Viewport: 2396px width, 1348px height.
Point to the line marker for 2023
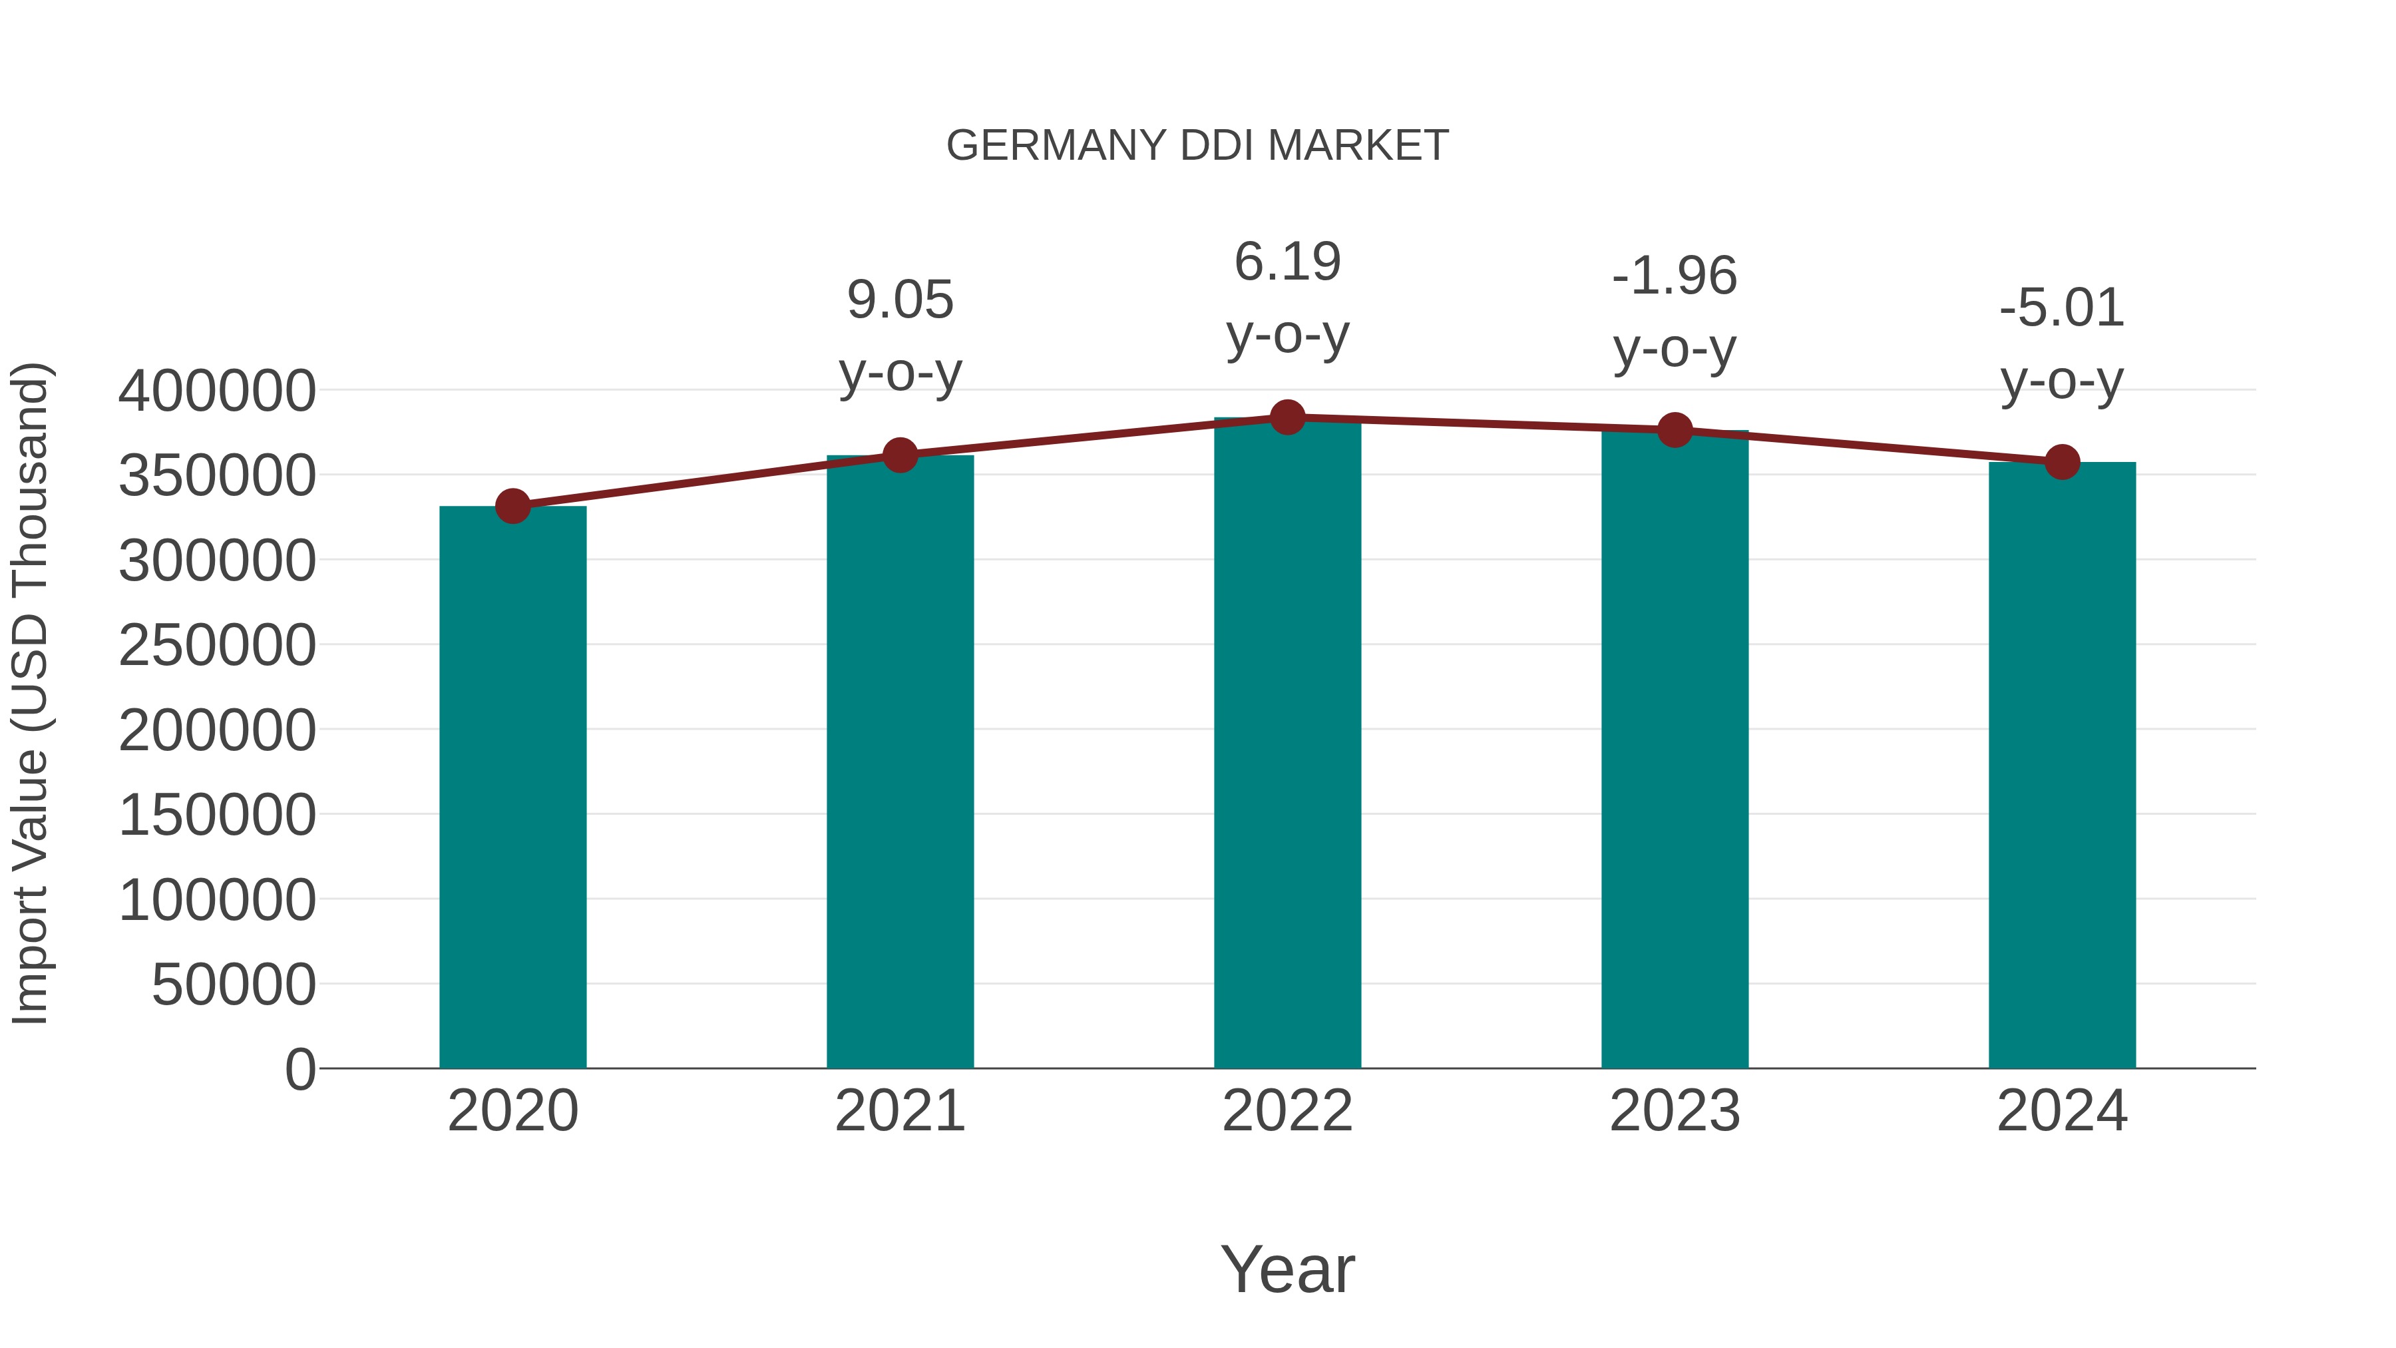pos(1675,430)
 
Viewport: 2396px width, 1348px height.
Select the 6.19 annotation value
pos(1287,262)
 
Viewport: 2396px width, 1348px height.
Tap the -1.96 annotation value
pos(1675,276)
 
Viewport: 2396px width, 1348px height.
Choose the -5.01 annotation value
pos(2062,308)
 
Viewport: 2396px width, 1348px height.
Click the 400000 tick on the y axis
pos(217,391)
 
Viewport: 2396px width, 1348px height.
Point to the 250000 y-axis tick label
pos(217,646)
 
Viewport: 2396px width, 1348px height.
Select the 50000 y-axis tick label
pos(234,985)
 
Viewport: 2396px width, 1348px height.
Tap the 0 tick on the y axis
pos(299,1069)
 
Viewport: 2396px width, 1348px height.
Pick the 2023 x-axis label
pos(1675,1111)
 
